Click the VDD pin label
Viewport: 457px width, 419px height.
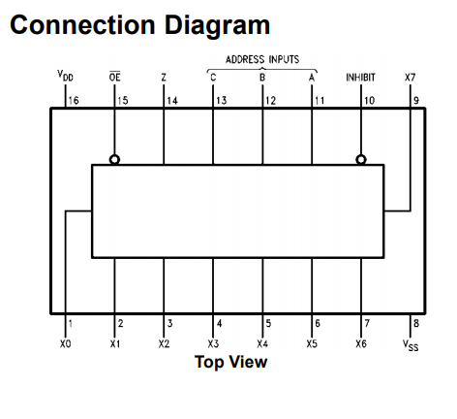[x=66, y=76]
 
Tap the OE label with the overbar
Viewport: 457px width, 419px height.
[x=114, y=77]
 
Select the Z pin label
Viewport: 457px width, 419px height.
[x=164, y=78]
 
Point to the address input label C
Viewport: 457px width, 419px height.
[x=213, y=78]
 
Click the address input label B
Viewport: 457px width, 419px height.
[x=262, y=78]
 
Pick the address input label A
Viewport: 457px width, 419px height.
[x=312, y=78]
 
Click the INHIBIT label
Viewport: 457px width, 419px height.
[x=360, y=78]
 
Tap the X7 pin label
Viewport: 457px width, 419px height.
[x=410, y=78]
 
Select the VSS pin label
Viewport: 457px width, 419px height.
[x=411, y=345]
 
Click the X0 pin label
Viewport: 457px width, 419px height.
[x=66, y=343]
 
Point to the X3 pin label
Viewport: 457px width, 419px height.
[x=213, y=343]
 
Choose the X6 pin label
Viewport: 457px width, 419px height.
[x=361, y=343]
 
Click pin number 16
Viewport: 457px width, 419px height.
[x=74, y=101]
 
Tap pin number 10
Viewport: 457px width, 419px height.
[x=369, y=101]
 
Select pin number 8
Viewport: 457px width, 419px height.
[x=416, y=323]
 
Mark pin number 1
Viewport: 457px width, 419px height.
[x=71, y=323]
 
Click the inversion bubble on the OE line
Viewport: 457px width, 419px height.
[x=114, y=159]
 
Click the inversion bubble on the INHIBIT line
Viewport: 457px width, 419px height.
[x=361, y=159]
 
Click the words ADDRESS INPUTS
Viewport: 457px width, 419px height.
[x=262, y=59]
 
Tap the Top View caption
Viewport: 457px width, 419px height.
[x=230, y=362]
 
